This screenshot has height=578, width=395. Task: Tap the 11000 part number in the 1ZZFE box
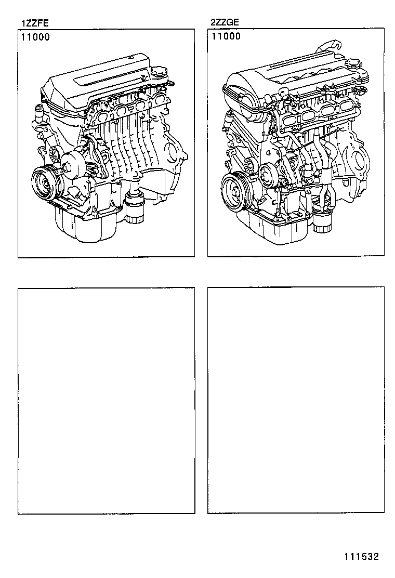click(x=35, y=37)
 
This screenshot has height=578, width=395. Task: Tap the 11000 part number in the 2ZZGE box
click(x=225, y=37)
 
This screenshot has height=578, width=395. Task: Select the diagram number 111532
click(x=360, y=556)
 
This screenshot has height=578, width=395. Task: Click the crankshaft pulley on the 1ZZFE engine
click(x=46, y=183)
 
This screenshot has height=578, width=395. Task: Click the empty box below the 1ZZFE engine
click(x=106, y=400)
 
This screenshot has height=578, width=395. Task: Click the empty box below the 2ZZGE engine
click(x=296, y=400)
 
